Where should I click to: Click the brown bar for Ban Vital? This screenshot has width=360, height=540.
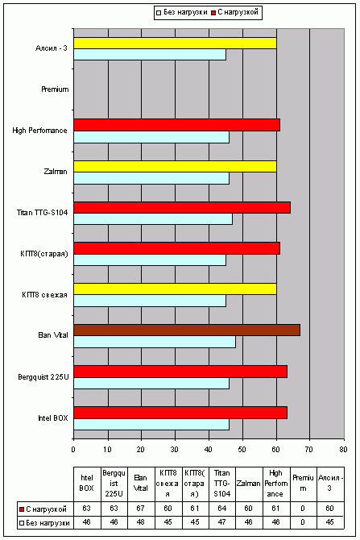click(187, 330)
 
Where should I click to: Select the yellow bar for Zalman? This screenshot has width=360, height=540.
click(176, 166)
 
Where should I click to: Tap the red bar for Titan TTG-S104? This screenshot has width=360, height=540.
click(182, 208)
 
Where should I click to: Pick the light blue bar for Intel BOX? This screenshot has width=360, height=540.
click(151, 424)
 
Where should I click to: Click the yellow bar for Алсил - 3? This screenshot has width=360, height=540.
click(176, 43)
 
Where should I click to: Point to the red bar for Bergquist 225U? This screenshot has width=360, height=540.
click(180, 372)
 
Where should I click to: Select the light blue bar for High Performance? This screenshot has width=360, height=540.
click(151, 137)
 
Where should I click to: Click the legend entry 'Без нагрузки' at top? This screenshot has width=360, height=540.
click(182, 12)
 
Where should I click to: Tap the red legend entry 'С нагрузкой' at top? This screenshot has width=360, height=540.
click(234, 12)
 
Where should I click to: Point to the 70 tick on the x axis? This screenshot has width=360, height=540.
click(309, 449)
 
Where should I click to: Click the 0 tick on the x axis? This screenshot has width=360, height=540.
click(73, 449)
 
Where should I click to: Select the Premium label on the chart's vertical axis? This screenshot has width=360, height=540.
click(55, 89)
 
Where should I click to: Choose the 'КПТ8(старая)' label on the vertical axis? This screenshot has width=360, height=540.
click(44, 254)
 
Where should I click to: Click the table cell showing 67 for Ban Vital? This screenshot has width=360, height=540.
click(140, 509)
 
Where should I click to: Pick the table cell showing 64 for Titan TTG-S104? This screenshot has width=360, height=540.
click(222, 509)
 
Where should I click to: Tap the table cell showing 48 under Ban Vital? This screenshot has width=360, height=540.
click(140, 522)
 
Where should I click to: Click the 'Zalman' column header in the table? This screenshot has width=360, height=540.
click(249, 484)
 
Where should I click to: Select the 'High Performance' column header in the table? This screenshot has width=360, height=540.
click(276, 484)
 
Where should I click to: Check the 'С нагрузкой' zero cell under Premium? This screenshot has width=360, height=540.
click(303, 509)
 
